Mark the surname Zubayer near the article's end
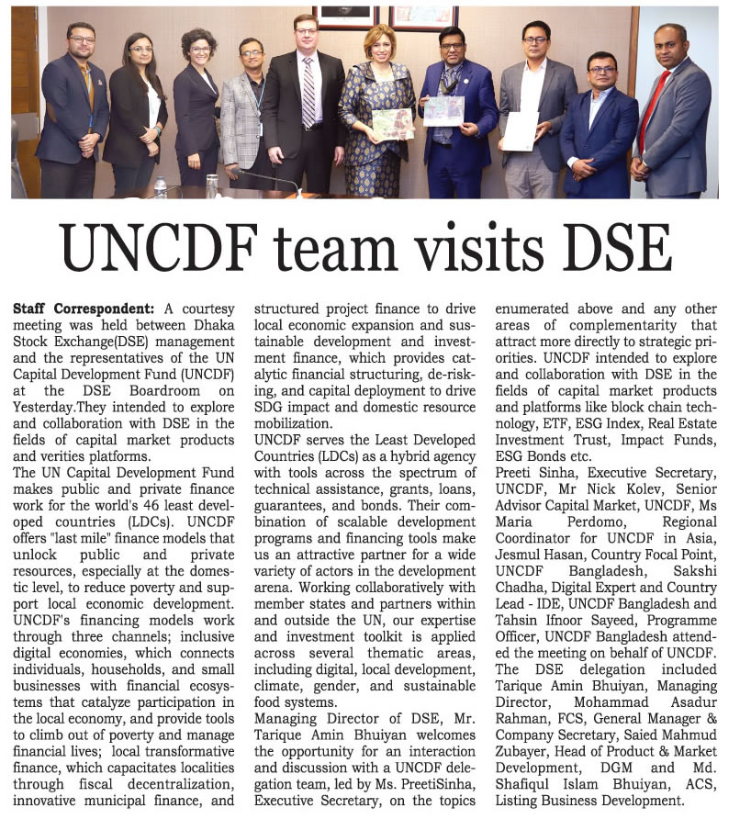[x=526, y=752]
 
